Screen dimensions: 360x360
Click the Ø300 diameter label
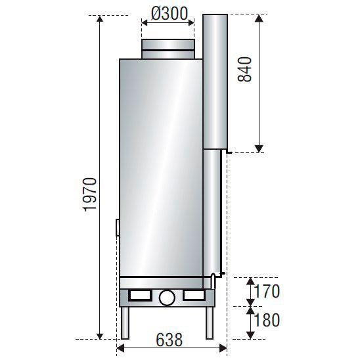169,14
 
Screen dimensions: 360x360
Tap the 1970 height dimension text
90,194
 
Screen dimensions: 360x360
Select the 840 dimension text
245,70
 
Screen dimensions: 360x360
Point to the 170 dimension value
267,292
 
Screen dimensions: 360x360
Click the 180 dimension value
267,320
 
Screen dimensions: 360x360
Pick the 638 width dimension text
169,340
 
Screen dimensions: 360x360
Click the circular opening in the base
167,298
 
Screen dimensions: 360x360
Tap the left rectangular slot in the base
140,295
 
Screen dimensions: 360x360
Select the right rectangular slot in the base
194,295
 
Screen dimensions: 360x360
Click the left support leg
125,323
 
